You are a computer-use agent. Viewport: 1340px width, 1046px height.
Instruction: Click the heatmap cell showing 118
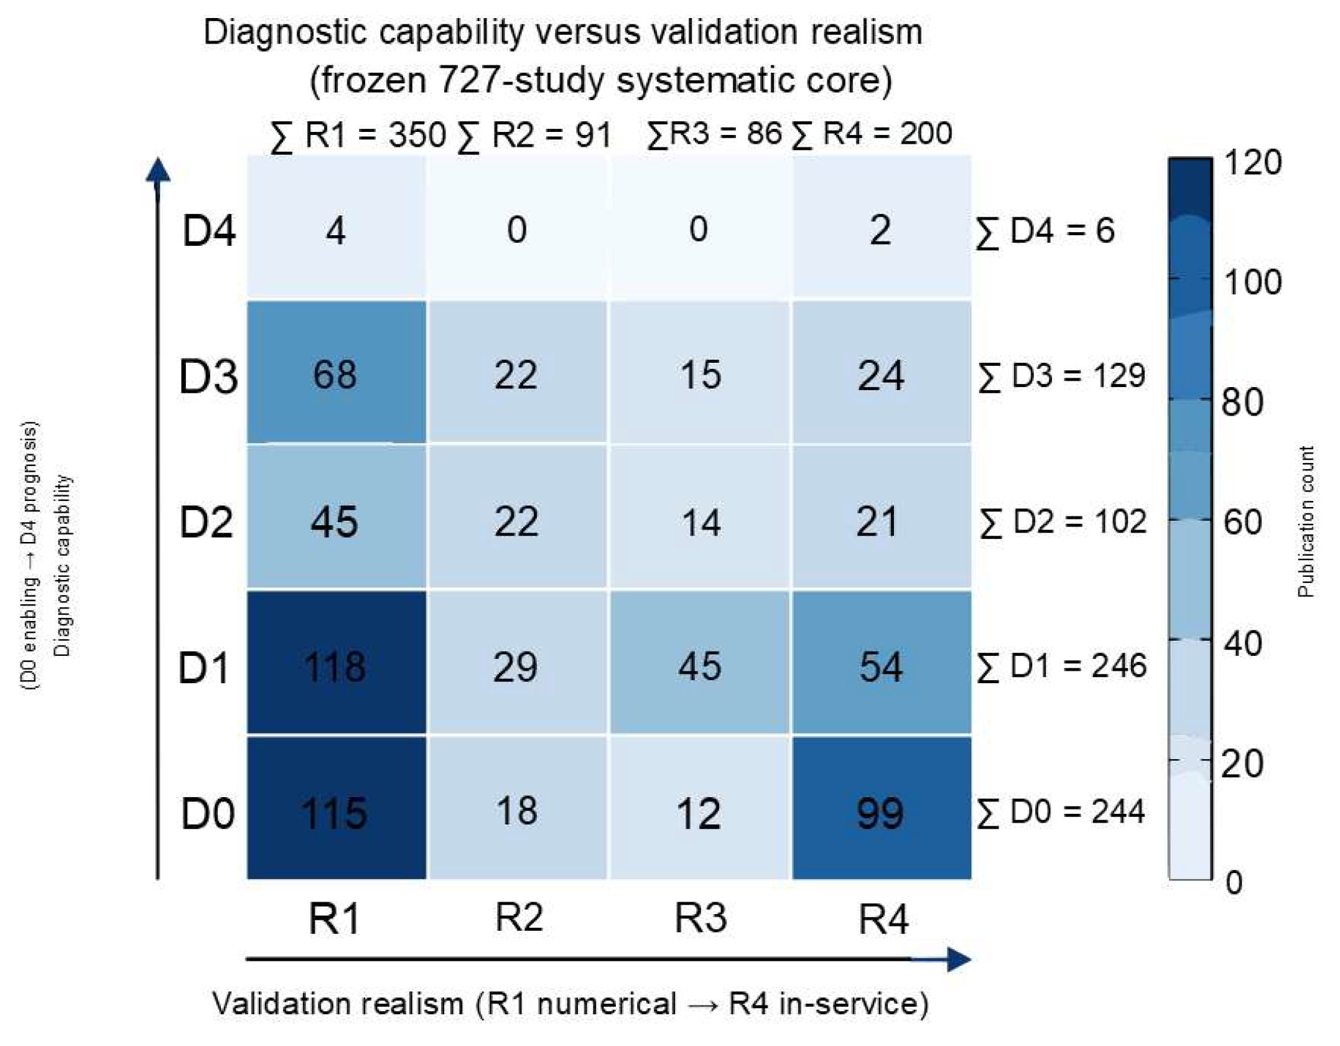(337, 662)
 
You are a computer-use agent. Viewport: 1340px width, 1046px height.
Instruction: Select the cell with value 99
(882, 808)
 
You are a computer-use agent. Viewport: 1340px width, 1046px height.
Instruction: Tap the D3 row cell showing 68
(337, 372)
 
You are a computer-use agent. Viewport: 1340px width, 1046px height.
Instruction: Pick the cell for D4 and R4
(882, 226)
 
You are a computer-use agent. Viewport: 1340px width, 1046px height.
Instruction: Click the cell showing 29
(517, 662)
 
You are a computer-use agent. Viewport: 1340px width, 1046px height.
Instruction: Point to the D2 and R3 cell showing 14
(700, 517)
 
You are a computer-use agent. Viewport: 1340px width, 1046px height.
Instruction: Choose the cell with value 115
(337, 808)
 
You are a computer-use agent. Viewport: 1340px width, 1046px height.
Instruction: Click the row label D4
(209, 231)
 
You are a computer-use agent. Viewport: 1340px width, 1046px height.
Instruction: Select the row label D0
(208, 813)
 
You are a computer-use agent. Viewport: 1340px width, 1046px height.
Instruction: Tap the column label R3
(700, 917)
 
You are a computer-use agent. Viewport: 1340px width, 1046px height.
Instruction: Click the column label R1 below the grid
(335, 918)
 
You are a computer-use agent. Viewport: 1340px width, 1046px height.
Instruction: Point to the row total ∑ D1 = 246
(1061, 666)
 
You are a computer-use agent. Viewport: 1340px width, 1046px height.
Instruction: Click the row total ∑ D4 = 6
(1045, 231)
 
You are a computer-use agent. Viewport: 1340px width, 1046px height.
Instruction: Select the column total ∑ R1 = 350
(358, 135)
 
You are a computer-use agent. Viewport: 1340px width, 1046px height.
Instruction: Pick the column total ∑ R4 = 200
(872, 134)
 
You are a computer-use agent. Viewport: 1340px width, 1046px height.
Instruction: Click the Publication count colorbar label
(1306, 521)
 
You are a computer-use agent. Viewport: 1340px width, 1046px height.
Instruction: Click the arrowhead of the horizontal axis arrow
(959, 959)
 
